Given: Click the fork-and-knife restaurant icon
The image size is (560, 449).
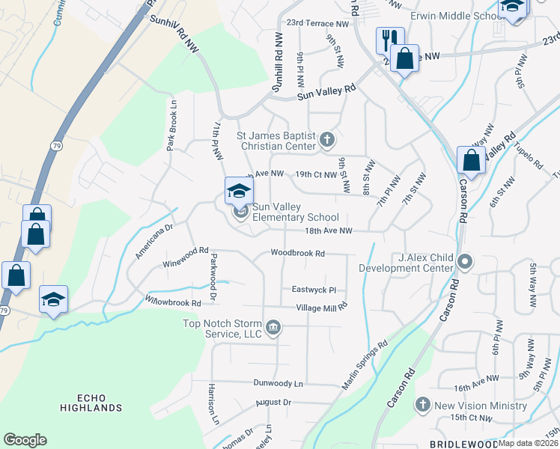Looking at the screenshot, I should (x=390, y=40).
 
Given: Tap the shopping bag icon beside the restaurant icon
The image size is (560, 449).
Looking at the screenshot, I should (x=404, y=58).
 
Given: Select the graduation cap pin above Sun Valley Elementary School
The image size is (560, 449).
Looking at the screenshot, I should (x=239, y=191).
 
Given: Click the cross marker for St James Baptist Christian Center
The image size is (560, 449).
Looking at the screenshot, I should (x=326, y=139).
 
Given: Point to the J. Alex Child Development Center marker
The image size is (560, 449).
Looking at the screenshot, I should (x=465, y=262).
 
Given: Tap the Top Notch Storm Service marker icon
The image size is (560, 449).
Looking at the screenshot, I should (x=274, y=327).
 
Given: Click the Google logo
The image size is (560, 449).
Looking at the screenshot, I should (x=25, y=439).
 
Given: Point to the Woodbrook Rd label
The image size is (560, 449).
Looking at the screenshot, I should (x=297, y=254).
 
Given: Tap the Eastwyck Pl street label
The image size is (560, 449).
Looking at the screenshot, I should (x=314, y=290).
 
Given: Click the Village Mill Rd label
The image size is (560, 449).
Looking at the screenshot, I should (x=322, y=308).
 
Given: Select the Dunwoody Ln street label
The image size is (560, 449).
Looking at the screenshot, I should (x=278, y=383).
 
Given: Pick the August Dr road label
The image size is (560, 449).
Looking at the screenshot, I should (x=273, y=402).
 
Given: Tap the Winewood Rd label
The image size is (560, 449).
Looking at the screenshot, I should (x=185, y=257).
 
